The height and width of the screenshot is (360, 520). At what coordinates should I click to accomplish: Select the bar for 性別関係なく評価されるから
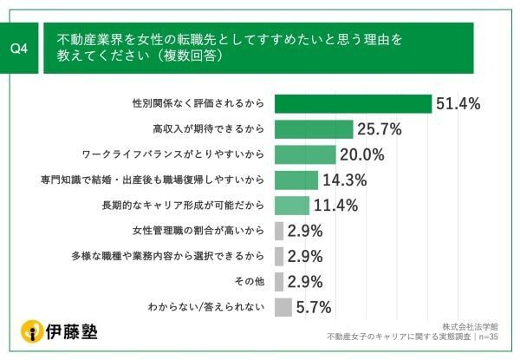click(353, 103)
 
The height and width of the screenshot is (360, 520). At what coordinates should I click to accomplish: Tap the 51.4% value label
click(458, 104)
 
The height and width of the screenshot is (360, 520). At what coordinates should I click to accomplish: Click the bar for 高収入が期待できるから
click(314, 129)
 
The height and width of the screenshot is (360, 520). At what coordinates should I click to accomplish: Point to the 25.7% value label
click(380, 129)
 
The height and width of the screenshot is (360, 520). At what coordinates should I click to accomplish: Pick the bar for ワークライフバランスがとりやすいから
click(304, 154)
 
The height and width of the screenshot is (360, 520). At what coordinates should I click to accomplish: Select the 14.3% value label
click(344, 180)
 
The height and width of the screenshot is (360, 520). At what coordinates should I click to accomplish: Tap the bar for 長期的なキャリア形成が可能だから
click(291, 206)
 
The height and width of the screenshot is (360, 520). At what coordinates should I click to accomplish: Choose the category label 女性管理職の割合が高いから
click(198, 231)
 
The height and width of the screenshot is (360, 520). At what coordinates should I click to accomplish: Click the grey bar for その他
click(279, 281)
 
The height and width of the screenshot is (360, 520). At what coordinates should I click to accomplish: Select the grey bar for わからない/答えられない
click(283, 307)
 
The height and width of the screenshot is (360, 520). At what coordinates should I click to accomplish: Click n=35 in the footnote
click(497, 336)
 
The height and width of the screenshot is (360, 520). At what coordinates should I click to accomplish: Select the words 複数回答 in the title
click(196, 57)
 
